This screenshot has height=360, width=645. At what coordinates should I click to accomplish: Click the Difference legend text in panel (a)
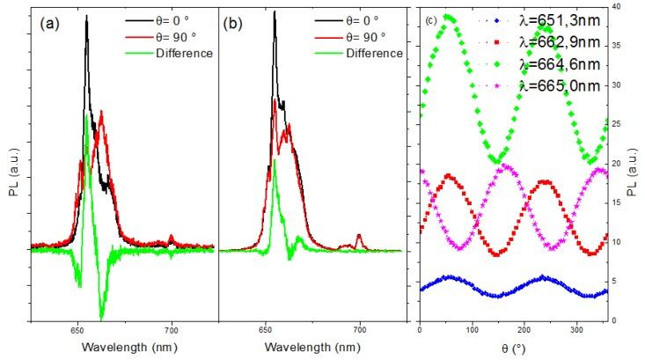click(181, 53)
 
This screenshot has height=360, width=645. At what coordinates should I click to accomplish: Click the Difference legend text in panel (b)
click(371, 53)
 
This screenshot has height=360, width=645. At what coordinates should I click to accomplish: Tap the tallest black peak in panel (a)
click(86, 17)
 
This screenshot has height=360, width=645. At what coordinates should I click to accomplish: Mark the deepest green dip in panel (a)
click(101, 317)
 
